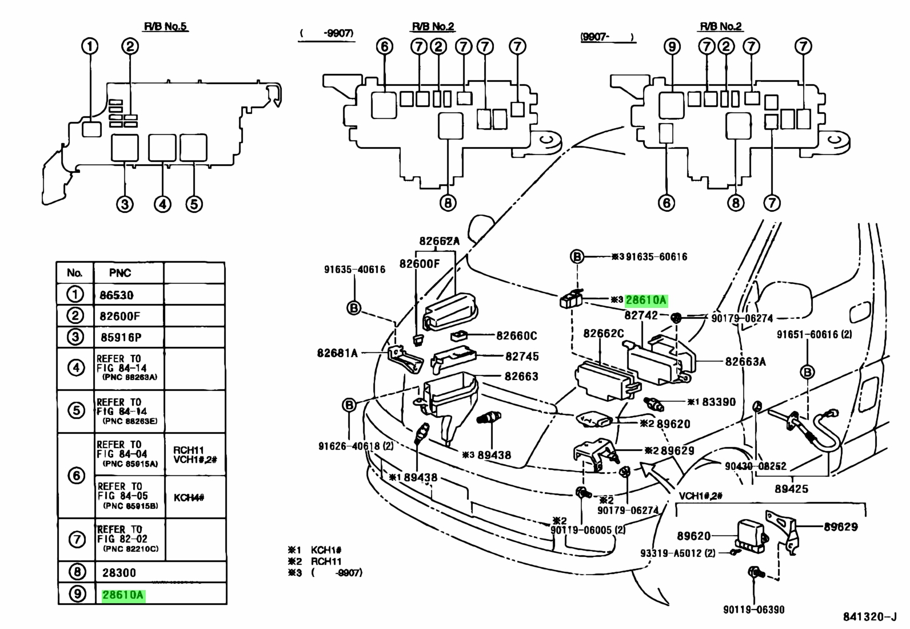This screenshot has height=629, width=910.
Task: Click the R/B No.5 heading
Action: [x=165, y=26]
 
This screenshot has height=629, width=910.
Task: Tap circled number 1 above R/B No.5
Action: [x=90, y=46]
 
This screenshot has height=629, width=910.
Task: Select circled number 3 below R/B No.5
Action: [x=125, y=204]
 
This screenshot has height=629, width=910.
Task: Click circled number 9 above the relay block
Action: [x=672, y=46]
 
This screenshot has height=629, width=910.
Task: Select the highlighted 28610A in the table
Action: [x=123, y=595]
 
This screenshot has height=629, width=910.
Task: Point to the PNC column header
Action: [x=120, y=272]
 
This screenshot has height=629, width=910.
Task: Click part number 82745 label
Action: [x=522, y=357]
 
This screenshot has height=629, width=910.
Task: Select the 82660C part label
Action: [x=517, y=335]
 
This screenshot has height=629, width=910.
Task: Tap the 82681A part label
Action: [x=337, y=353]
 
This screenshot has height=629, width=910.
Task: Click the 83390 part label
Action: [x=719, y=402]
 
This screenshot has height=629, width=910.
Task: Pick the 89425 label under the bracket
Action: [x=791, y=489]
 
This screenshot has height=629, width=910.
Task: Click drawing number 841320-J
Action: [x=869, y=617]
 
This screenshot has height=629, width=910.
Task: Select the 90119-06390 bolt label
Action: [x=753, y=610]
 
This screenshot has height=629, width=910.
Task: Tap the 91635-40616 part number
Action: [x=354, y=270]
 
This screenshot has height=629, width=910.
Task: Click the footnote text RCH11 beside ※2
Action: [x=326, y=561]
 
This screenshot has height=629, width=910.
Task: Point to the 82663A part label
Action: [x=745, y=362]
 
